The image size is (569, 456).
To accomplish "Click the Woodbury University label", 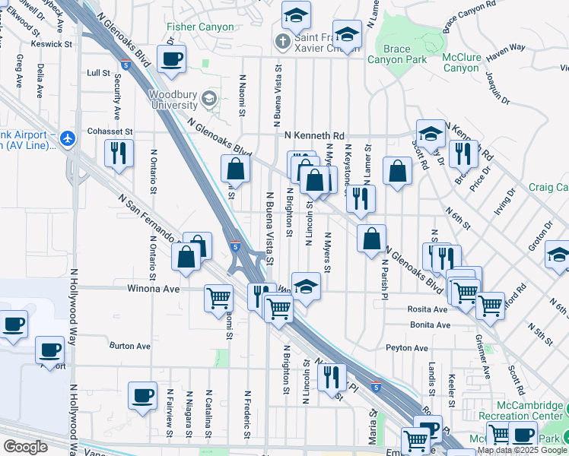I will click(173, 100).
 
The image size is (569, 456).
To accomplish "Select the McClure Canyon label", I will click(460, 62).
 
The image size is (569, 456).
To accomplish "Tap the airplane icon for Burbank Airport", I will click(68, 138).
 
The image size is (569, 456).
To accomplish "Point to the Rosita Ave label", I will click(429, 310).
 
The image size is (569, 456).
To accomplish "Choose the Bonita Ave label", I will click(430, 325).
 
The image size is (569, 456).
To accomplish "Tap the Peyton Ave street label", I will click(407, 348).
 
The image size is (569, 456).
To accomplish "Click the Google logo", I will click(25, 447).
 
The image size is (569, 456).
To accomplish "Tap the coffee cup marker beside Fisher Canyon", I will click(171, 58).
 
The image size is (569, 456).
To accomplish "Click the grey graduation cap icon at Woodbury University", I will click(210, 99).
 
